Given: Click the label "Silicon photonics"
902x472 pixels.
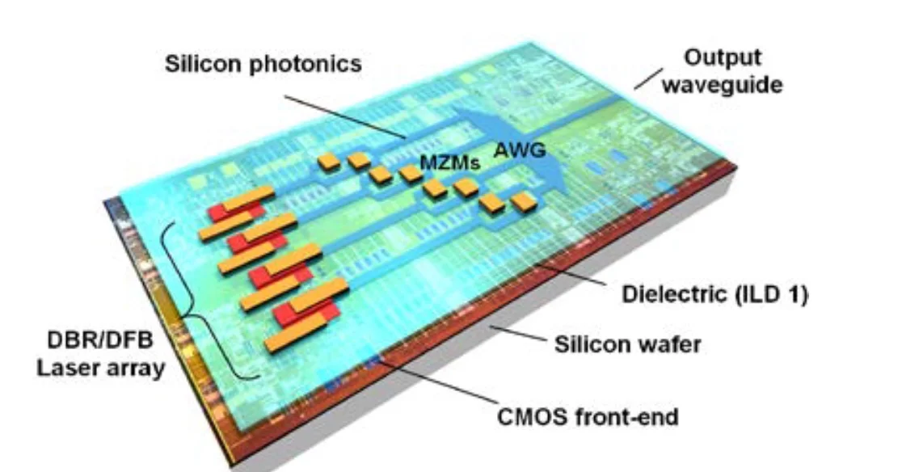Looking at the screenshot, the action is click(x=263, y=64).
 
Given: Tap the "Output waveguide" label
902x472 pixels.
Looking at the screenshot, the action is click(x=722, y=70).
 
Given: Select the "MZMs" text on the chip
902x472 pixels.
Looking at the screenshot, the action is click(x=449, y=162).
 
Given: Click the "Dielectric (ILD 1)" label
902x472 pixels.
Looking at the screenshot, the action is click(x=714, y=295).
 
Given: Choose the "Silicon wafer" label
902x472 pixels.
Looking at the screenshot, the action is click(x=627, y=345).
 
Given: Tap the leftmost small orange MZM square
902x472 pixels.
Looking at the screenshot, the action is click(x=328, y=162).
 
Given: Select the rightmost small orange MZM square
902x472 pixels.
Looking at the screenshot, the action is click(x=524, y=202).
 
